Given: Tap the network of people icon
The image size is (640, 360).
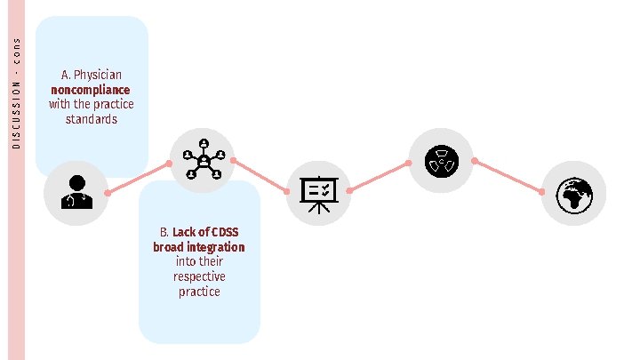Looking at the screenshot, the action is coord(202,161).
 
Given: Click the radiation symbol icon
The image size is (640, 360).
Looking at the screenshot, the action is coord(440,161).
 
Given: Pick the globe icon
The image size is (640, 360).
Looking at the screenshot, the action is coord(573,194).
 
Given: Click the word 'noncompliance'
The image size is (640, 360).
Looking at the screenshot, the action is coord(91,90).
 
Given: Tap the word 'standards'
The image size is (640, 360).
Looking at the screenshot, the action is coord(91,119).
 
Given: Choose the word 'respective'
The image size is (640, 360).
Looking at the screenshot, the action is coord(199,276).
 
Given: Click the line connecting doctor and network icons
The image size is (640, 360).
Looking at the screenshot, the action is coord(138,179).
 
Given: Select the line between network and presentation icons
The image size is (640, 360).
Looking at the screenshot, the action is coord(260,177).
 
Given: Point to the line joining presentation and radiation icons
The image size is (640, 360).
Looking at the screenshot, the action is coord(379,177).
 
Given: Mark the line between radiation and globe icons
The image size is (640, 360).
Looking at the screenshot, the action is coord(508,176).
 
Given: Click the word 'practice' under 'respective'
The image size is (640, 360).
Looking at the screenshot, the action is coord(199,292).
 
